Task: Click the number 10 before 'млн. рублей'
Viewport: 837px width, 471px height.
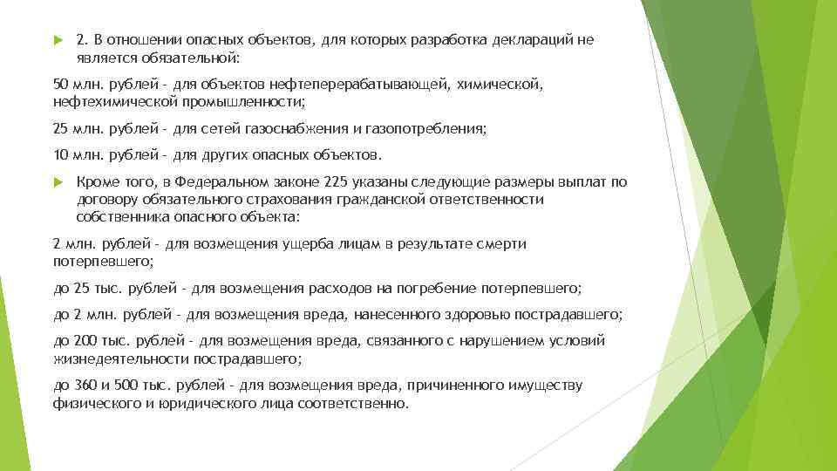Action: point(60,155)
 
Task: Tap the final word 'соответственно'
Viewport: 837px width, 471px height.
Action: point(351,403)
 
